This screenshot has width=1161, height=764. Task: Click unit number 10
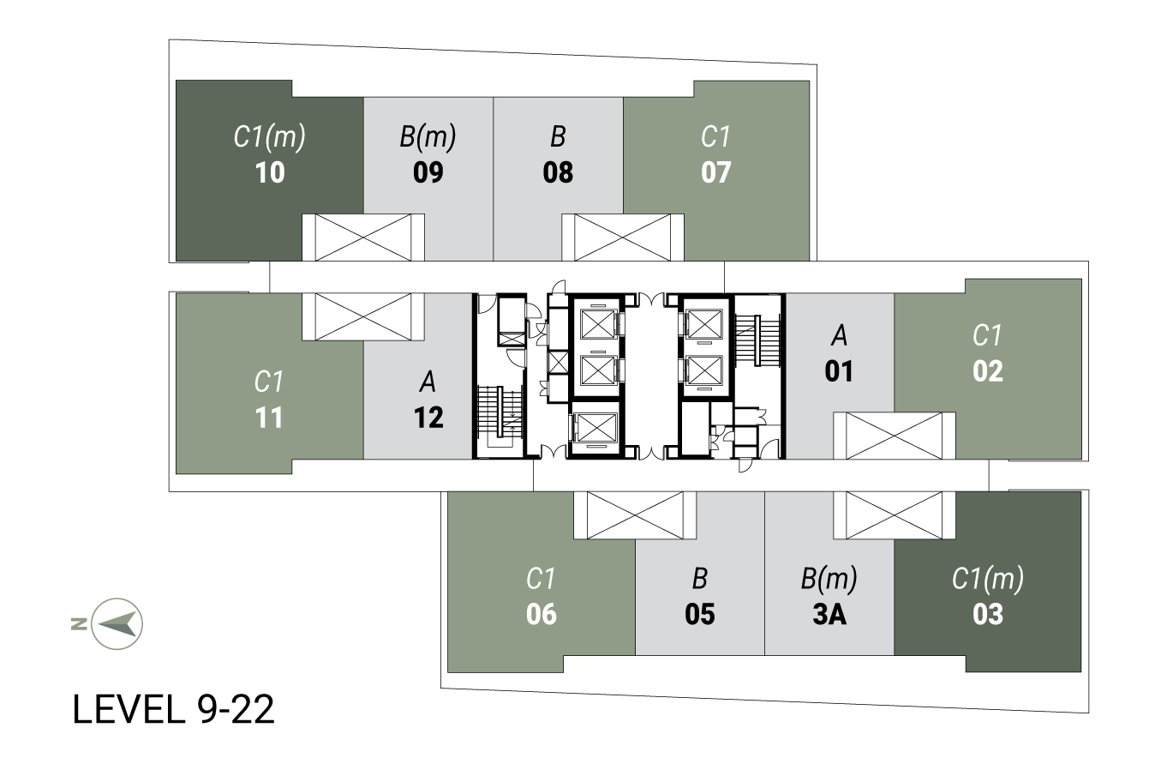(x=270, y=172)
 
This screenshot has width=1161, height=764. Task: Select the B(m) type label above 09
(x=428, y=137)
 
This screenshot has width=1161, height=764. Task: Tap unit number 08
(x=558, y=172)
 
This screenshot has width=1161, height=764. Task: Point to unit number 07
(x=715, y=172)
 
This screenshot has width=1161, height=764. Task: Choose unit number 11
(x=270, y=418)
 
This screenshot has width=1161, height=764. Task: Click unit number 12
(x=428, y=418)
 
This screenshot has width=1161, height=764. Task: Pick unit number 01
(x=839, y=371)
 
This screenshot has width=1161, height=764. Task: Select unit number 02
(x=988, y=371)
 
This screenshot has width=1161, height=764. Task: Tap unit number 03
(x=988, y=614)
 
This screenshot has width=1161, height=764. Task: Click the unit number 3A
(x=829, y=614)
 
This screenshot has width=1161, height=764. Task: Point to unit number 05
(x=700, y=614)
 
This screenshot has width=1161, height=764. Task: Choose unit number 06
(x=542, y=614)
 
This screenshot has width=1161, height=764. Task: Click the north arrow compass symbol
(x=117, y=623)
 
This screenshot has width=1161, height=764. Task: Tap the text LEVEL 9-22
(x=173, y=709)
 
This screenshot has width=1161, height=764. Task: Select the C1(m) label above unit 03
(x=987, y=580)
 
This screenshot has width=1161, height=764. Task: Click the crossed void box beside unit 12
(x=363, y=317)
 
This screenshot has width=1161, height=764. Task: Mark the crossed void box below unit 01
(x=894, y=436)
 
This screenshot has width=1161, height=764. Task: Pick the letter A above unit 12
(x=428, y=382)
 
